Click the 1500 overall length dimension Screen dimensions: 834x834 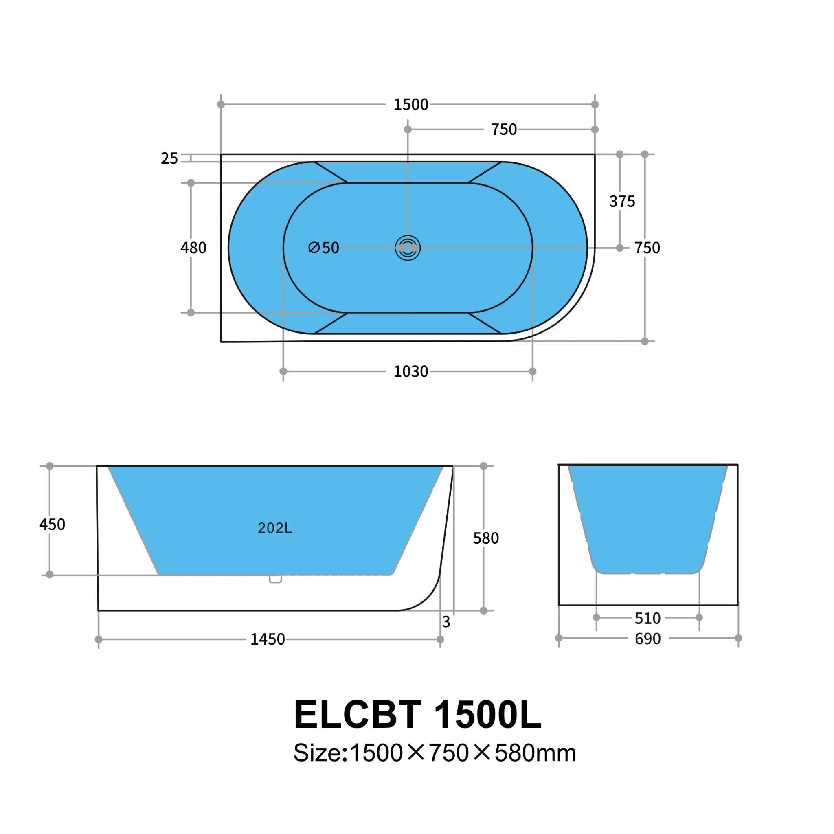[410, 105]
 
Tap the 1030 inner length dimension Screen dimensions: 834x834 [410, 372]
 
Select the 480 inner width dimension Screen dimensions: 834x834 [193, 248]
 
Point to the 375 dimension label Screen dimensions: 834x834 [622, 201]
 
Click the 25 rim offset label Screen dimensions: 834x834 [169, 159]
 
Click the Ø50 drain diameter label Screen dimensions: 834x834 [324, 248]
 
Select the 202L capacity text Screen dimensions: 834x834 [274, 528]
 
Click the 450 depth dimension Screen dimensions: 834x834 [52, 525]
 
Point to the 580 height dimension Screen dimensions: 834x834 [486, 538]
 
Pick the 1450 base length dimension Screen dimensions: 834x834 [268, 639]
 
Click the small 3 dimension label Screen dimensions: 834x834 [446, 622]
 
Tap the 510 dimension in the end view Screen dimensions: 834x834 [647, 619]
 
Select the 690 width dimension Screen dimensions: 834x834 [647, 639]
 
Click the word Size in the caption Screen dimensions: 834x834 [317, 754]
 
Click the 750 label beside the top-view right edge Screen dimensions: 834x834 [647, 248]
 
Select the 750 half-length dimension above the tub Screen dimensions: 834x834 [504, 129]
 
